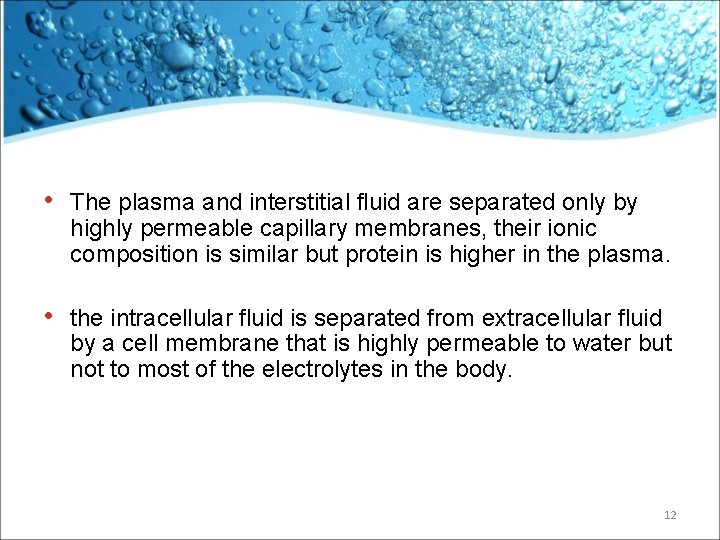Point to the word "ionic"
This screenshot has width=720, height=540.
pos(571,229)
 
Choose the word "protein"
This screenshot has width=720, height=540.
pos(379,255)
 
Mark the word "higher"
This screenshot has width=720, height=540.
pos(471,254)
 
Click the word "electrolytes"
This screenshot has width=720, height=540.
pos(324,371)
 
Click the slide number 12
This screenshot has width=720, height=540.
pos(670,515)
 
